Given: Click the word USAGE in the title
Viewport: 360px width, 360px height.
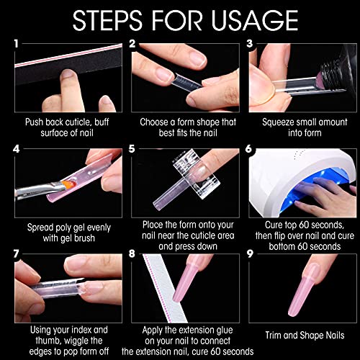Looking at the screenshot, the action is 255,20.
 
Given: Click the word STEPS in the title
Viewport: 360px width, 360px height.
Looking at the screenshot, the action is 107,20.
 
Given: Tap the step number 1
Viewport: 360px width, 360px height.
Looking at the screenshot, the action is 16,44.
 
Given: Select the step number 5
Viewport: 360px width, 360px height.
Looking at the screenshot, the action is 132,149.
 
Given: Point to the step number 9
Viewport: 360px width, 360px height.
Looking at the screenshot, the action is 250,253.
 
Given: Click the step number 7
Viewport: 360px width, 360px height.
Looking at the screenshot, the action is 16,253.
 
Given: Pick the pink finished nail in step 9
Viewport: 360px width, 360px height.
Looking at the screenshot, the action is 303,290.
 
